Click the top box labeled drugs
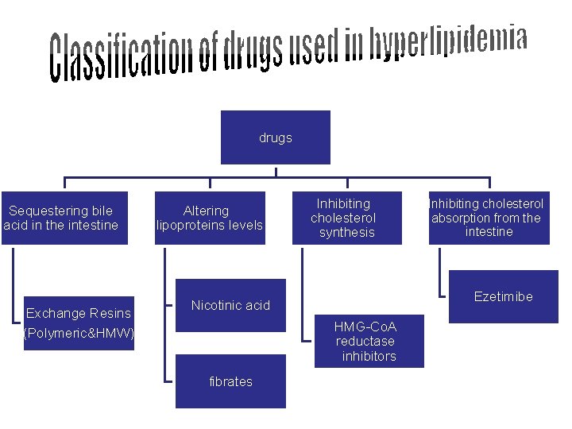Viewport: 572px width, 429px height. click(275, 138)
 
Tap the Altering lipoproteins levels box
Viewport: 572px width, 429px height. click(208, 218)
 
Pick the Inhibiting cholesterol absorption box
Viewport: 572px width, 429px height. click(488, 218)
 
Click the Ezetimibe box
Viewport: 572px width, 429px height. click(503, 296)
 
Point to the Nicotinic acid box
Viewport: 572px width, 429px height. click(230, 305)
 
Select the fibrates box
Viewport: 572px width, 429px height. click(230, 381)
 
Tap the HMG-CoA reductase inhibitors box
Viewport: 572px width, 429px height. click(366, 341)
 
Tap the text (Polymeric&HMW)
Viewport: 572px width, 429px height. click(79, 332)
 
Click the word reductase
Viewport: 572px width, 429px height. click(365, 342)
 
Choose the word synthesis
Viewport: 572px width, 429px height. click(346, 232)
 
